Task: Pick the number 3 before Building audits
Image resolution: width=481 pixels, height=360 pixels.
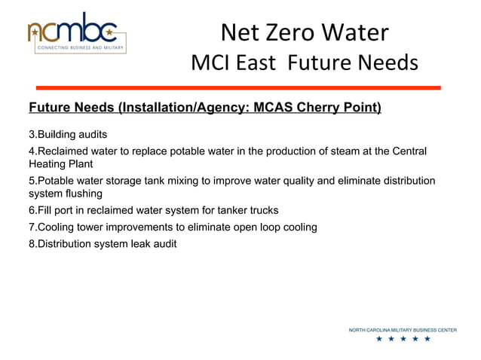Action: pos(32,135)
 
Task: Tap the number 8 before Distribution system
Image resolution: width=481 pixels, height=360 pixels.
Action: pos(32,243)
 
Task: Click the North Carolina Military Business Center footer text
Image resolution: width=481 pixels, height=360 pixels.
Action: pos(403,330)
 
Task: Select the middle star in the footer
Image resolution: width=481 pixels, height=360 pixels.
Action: pos(403,340)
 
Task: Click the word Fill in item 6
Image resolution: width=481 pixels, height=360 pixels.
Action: pos(46,210)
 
